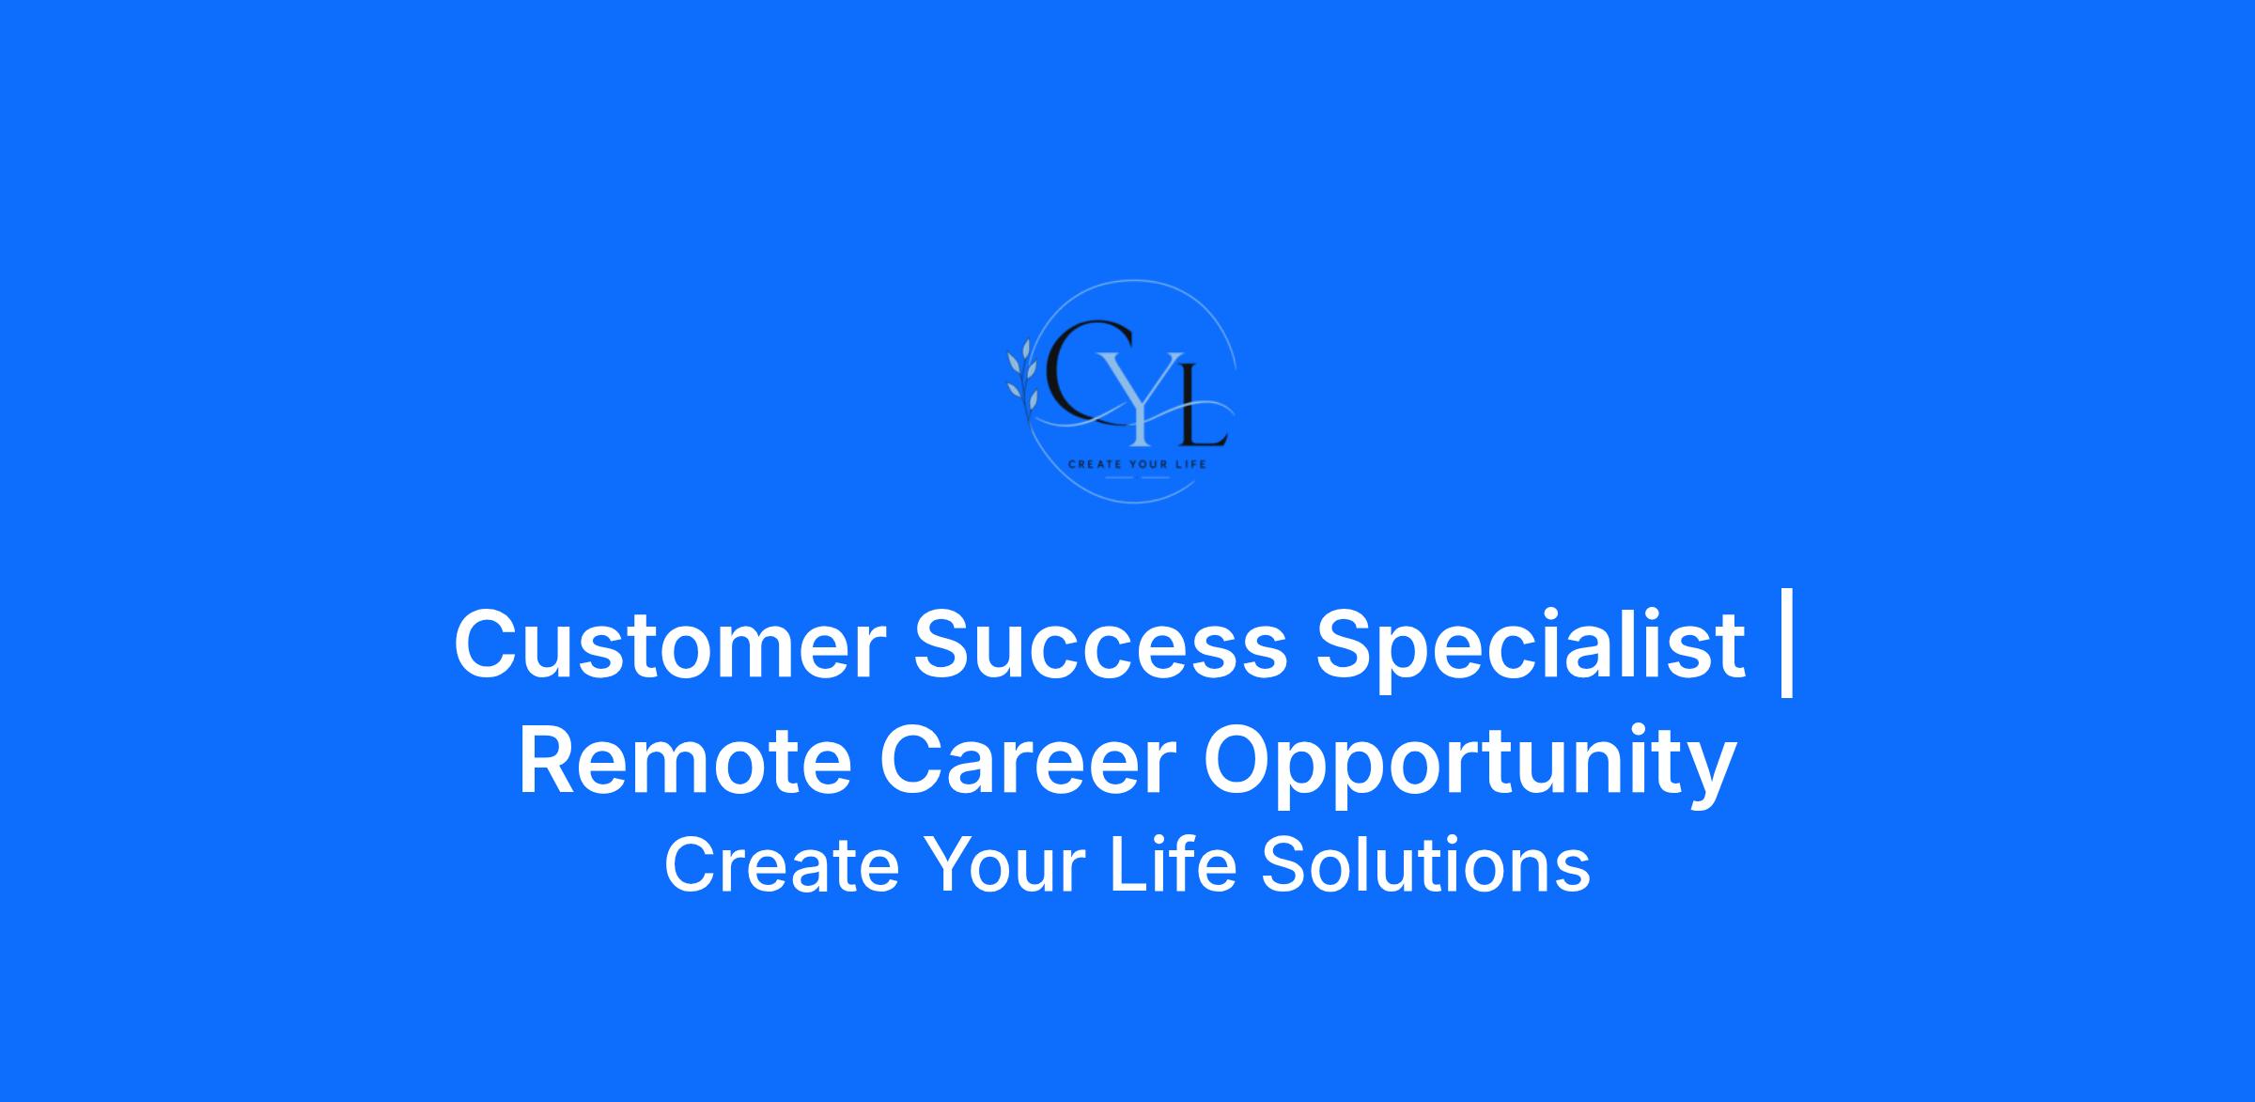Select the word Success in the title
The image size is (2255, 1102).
coord(1100,644)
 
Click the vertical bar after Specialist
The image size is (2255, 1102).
coord(1787,644)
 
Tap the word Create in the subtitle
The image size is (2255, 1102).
coord(782,865)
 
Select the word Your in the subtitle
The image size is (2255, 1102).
coord(1004,865)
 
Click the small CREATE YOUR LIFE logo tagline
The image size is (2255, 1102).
coord(1137,464)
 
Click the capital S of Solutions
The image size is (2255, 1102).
coord(1284,865)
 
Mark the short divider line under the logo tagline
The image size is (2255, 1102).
coord(1137,477)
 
